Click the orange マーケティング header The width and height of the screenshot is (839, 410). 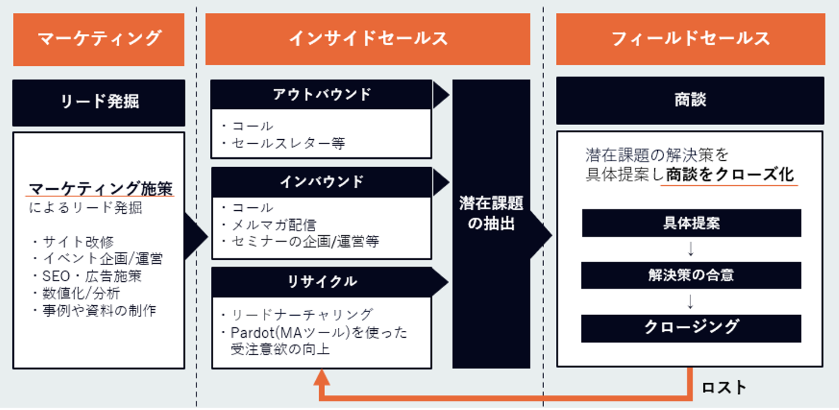point(98,39)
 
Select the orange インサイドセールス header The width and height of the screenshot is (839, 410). point(368,39)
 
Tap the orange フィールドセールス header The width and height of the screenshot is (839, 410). point(690,39)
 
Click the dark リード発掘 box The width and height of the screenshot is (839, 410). point(99,102)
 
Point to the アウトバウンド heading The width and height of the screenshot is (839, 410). point(322,95)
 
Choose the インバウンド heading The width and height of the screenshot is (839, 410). point(322,182)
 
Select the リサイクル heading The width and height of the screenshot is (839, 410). point(322,282)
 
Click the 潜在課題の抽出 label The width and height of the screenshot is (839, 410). point(491,213)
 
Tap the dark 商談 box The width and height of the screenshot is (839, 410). point(690,100)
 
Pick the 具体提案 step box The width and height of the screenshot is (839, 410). point(691,223)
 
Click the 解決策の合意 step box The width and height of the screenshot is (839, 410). point(691,275)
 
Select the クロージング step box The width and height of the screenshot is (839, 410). point(691,328)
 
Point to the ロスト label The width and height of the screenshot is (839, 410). point(724,388)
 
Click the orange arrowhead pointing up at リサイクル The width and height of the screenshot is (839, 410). point(322,378)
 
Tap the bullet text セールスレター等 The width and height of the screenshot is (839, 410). point(288,143)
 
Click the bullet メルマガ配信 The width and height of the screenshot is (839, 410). point(274,224)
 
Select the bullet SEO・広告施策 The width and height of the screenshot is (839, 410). point(91,276)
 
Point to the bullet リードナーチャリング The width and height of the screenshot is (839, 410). point(302,315)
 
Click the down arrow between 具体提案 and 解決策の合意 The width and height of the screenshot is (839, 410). point(691,249)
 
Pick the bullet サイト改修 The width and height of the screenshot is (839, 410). point(78,242)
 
